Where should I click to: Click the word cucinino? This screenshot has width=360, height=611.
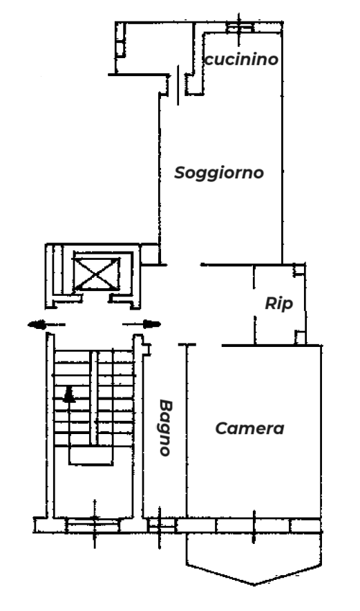[x=241, y=59]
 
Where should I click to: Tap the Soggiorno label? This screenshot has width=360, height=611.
[x=219, y=173]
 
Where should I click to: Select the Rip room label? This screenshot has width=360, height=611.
[x=279, y=303]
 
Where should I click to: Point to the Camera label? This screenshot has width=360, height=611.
[x=249, y=429]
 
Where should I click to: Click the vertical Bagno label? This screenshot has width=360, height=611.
[x=166, y=428]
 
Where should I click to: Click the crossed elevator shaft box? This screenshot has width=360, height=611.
[x=97, y=274]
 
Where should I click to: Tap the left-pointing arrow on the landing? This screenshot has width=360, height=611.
[x=46, y=324]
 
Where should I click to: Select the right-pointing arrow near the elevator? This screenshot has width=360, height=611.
[x=142, y=324]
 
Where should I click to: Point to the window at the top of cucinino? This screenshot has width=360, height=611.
[x=240, y=28]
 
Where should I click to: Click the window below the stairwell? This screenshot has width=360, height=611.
[x=93, y=525]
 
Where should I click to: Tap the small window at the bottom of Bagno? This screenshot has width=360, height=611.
[x=162, y=525]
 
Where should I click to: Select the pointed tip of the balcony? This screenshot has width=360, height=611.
[x=254, y=585]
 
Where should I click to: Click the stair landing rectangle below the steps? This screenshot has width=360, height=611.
[x=91, y=455]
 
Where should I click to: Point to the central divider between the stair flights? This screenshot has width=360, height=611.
[x=94, y=397]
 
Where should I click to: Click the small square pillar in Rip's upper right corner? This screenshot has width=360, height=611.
[x=299, y=270]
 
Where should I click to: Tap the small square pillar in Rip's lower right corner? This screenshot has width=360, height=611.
[x=300, y=337]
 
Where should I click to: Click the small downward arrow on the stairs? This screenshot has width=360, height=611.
[x=95, y=423]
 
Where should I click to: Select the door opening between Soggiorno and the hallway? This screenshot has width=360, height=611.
[x=184, y=265]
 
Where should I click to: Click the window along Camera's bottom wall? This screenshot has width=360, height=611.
[x=254, y=526]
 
